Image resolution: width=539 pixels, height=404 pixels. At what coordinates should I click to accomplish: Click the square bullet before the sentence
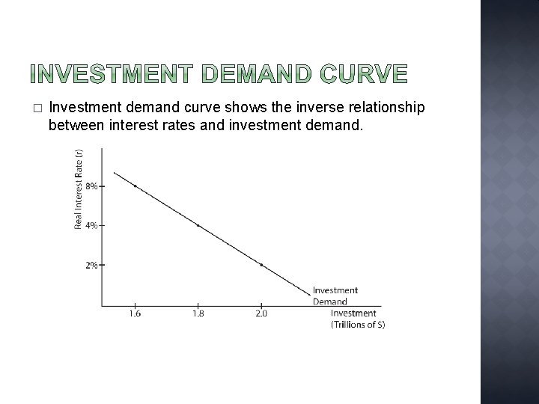tap(37, 109)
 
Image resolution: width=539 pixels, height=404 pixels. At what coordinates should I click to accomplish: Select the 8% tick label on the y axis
tap(91, 186)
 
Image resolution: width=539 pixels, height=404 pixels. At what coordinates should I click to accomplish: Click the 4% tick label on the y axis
tap(91, 225)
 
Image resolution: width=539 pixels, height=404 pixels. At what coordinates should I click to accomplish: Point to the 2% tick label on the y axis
tap(91, 265)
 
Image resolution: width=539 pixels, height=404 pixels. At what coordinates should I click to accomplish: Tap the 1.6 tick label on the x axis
tap(135, 313)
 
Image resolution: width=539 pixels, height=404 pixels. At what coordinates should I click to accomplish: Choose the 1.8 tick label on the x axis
tap(198, 313)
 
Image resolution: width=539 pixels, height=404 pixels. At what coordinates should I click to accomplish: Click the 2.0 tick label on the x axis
tap(261, 313)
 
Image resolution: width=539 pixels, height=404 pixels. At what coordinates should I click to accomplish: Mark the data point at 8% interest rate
tap(135, 186)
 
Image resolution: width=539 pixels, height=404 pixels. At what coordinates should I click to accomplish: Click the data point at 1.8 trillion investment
tap(198, 224)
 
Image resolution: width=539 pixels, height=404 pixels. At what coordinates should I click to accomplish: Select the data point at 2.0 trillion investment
tap(261, 265)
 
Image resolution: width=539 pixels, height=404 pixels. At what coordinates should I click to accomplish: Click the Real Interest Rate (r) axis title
tap(78, 189)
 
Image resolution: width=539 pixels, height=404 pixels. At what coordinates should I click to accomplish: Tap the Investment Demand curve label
tap(335, 296)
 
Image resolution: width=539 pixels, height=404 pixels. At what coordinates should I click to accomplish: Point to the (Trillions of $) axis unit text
tap(357, 324)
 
